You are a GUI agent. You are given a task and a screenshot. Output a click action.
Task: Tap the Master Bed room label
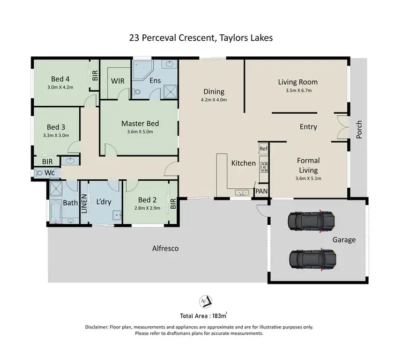pos(140,123)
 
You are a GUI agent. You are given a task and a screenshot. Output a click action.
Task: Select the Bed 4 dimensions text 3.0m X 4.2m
pos(59,86)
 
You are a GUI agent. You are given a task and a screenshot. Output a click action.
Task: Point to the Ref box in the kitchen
pos(263,149)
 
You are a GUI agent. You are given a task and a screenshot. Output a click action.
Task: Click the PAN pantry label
pos(262,190)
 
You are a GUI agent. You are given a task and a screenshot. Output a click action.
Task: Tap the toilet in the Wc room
pos(40,173)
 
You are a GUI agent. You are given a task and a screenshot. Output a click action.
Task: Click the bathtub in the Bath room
pos(56,212)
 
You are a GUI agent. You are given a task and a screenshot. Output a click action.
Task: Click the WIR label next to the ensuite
pos(118,81)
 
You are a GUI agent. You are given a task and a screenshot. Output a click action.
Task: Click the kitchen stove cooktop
pos(264,167)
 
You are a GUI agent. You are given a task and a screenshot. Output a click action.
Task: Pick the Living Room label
pos(298,82)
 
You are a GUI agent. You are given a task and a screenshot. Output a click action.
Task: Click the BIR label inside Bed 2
pos(173,203)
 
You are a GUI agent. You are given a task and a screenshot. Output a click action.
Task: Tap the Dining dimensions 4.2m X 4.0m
pos(214,100)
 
